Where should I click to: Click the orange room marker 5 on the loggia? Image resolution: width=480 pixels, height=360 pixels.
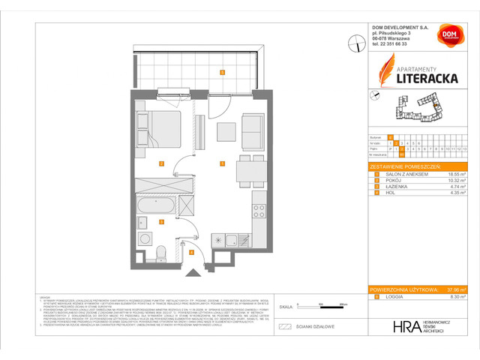click(222, 73)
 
